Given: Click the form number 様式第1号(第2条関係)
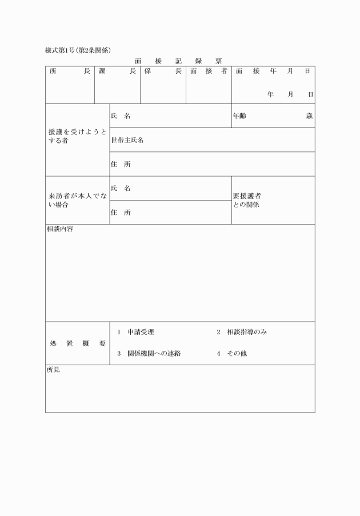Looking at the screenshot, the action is pos(82,51).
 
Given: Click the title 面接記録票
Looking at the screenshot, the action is pos(178,61).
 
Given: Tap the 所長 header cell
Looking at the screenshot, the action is pos(70,71).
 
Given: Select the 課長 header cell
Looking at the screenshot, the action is pos(117,71).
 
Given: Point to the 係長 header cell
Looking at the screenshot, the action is pos(163,71).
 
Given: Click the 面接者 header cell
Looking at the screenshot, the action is pos(209,71).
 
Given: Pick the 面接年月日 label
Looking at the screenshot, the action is pos(273,71).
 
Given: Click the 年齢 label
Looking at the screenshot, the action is pos(239,116).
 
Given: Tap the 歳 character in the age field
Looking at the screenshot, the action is pos(309,116).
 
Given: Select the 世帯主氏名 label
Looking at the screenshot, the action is pos(127,140).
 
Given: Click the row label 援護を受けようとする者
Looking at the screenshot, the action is pos(77,136).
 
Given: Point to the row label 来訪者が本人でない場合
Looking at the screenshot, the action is pos(77,200).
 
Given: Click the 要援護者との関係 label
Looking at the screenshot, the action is pos(247,200).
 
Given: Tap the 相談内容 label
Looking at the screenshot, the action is pos(59,229).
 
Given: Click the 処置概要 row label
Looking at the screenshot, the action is pos(77,343).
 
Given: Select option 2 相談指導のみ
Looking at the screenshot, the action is pos(242,332).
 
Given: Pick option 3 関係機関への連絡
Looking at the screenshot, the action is pos(149,354).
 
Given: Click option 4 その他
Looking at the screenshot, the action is pos(231,354).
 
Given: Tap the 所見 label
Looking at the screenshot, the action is pos(53,370).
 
